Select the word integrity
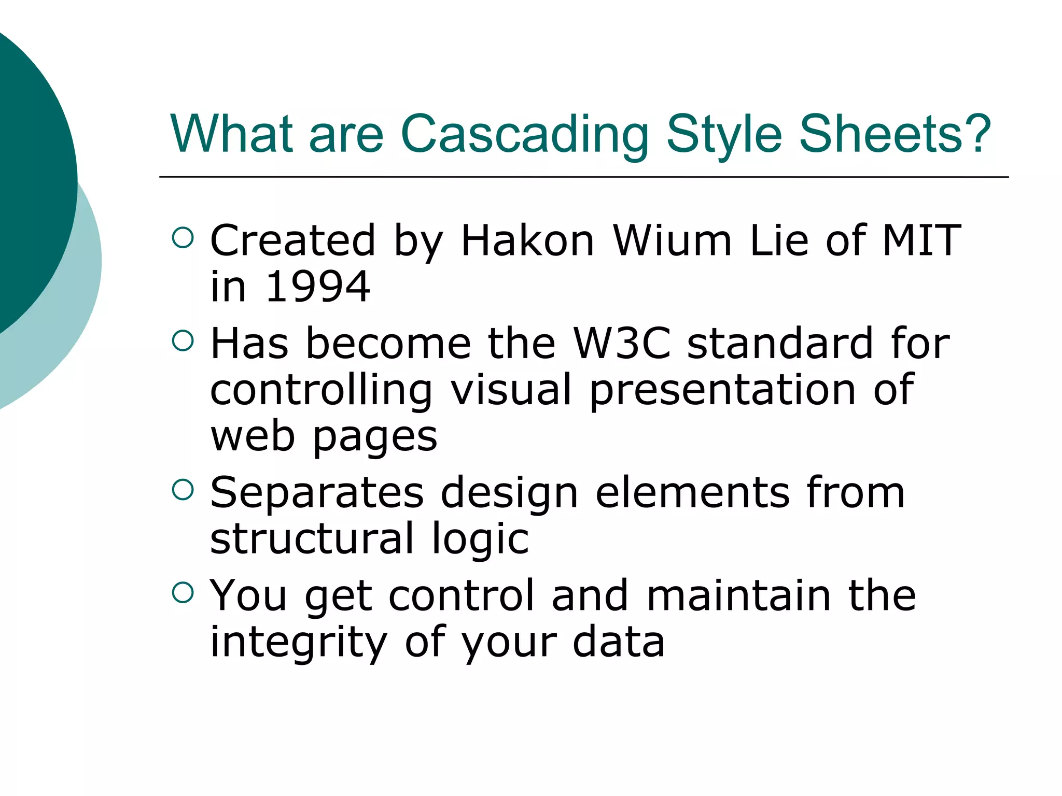299,643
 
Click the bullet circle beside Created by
182,238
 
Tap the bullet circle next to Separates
182,490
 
